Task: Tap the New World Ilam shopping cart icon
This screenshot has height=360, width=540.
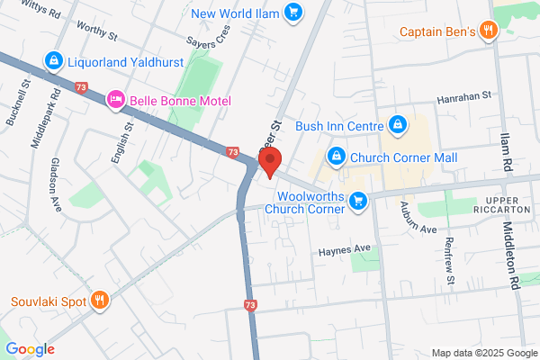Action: (x=293, y=13)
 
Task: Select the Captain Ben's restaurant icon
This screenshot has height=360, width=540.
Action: (x=489, y=31)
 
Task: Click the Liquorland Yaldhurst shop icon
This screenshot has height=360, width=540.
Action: (x=54, y=62)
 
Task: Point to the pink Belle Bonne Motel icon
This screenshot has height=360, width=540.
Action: (x=115, y=100)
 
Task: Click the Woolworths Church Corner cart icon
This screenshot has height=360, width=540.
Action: (x=358, y=201)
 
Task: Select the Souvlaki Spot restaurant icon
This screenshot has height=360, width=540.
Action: (x=101, y=301)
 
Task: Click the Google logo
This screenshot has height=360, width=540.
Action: (x=30, y=349)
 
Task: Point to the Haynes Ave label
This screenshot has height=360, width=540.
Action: (x=343, y=248)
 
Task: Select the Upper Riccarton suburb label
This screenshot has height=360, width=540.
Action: (x=509, y=205)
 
